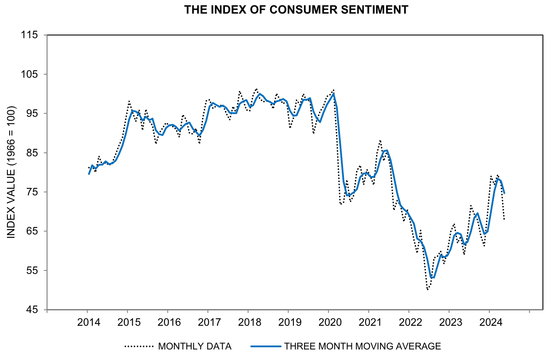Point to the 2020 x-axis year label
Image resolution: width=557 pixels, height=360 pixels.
pyautogui.click(x=329, y=322)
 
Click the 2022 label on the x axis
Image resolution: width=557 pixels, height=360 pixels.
pyautogui.click(x=409, y=322)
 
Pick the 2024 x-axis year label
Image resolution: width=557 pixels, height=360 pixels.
pyautogui.click(x=489, y=322)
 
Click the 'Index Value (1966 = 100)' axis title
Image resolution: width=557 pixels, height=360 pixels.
pyautogui.click(x=11, y=172)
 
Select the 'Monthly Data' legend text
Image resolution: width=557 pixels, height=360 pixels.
pyautogui.click(x=195, y=346)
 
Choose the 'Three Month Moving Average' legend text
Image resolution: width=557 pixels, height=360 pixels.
pyautogui.click(x=362, y=346)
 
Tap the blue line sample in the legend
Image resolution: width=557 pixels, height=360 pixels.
pyautogui.click(x=265, y=346)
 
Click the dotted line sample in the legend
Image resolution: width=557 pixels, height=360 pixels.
pyautogui.click(x=139, y=346)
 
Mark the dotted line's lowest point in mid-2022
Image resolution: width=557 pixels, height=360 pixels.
pyautogui.click(x=427, y=290)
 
